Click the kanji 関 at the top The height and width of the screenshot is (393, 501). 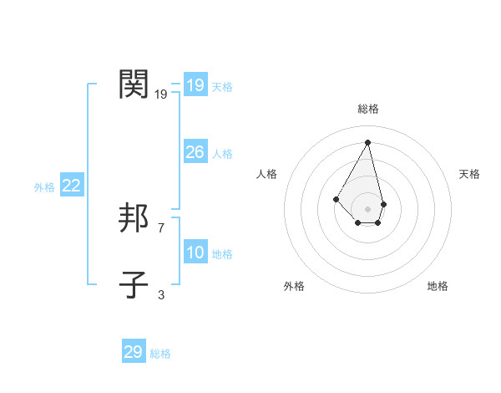[134, 84]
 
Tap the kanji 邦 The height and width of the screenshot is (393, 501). [134, 218]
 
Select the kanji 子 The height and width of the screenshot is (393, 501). [134, 285]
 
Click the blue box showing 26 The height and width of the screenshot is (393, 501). [195, 152]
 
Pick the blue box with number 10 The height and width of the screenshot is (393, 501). [195, 253]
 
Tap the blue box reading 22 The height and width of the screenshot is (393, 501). [71, 186]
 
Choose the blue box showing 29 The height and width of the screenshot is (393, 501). [134, 352]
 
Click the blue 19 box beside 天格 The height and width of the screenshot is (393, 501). [195, 85]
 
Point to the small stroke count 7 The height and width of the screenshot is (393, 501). [160, 227]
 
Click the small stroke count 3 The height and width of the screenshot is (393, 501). [160, 294]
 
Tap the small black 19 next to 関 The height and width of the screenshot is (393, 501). [160, 94]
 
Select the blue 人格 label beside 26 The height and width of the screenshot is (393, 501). [222, 154]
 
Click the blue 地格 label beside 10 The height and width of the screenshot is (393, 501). [222, 254]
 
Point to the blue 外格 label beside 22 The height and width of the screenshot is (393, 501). [44, 187]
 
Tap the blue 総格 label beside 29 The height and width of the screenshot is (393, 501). [160, 354]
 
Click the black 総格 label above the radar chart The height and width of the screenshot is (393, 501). [368, 109]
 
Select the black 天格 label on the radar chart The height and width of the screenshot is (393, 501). [469, 174]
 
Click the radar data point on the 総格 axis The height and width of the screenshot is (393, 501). [368, 142]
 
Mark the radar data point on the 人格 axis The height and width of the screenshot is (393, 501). [336, 198]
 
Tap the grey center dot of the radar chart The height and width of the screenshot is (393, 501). [368, 209]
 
